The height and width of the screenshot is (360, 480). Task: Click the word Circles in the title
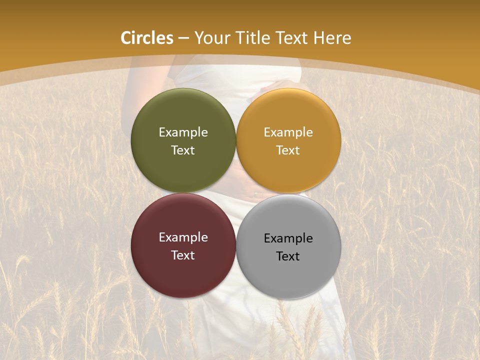point(147,38)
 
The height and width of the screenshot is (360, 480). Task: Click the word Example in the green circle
point(183,132)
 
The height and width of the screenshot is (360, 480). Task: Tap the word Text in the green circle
point(183,150)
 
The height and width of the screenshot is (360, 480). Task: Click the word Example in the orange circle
point(288,132)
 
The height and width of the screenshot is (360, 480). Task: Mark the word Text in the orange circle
point(288,150)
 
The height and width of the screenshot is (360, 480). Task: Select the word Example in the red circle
point(183,237)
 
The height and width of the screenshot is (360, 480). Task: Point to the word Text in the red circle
point(183,255)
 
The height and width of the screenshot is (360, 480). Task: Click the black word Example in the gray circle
point(288,238)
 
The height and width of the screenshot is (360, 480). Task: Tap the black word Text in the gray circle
point(288,256)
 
